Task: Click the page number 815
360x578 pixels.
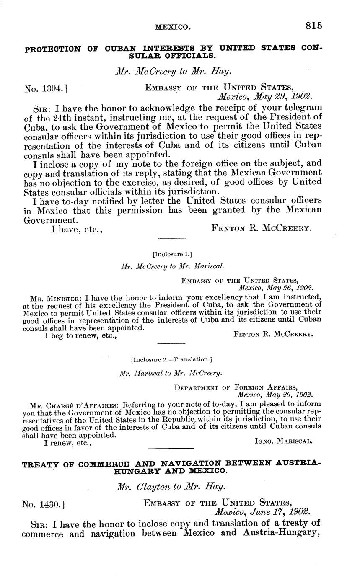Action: coord(313,26)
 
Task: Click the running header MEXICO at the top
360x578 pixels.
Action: coord(173,27)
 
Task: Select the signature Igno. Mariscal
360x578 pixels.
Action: coord(283,441)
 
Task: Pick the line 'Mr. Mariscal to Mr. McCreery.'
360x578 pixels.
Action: coord(171,373)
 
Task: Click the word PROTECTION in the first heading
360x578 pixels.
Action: coord(52,49)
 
